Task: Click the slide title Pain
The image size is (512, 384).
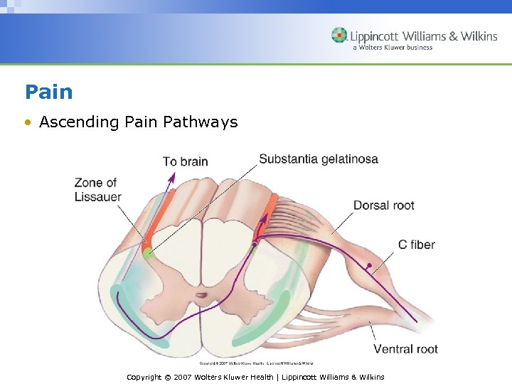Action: (48, 92)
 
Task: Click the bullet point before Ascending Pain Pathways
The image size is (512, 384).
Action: (27, 122)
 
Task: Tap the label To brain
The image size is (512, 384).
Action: (185, 161)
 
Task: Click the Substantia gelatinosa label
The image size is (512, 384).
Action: (318, 159)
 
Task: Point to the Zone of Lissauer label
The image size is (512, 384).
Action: (97, 190)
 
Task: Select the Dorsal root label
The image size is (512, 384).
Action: (383, 206)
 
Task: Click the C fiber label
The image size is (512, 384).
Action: (416, 245)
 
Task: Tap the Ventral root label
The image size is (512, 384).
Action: (405, 348)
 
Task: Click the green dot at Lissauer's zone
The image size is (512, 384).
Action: (148, 252)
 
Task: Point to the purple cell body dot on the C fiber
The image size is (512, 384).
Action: (369, 266)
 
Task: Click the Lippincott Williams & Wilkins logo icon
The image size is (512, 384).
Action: (339, 36)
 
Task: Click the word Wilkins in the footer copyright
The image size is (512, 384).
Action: (368, 377)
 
